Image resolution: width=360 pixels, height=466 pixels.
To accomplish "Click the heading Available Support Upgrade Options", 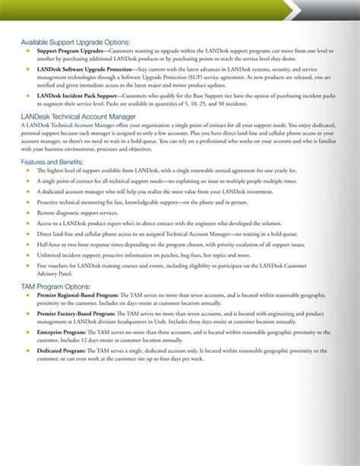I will [75, 42].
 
